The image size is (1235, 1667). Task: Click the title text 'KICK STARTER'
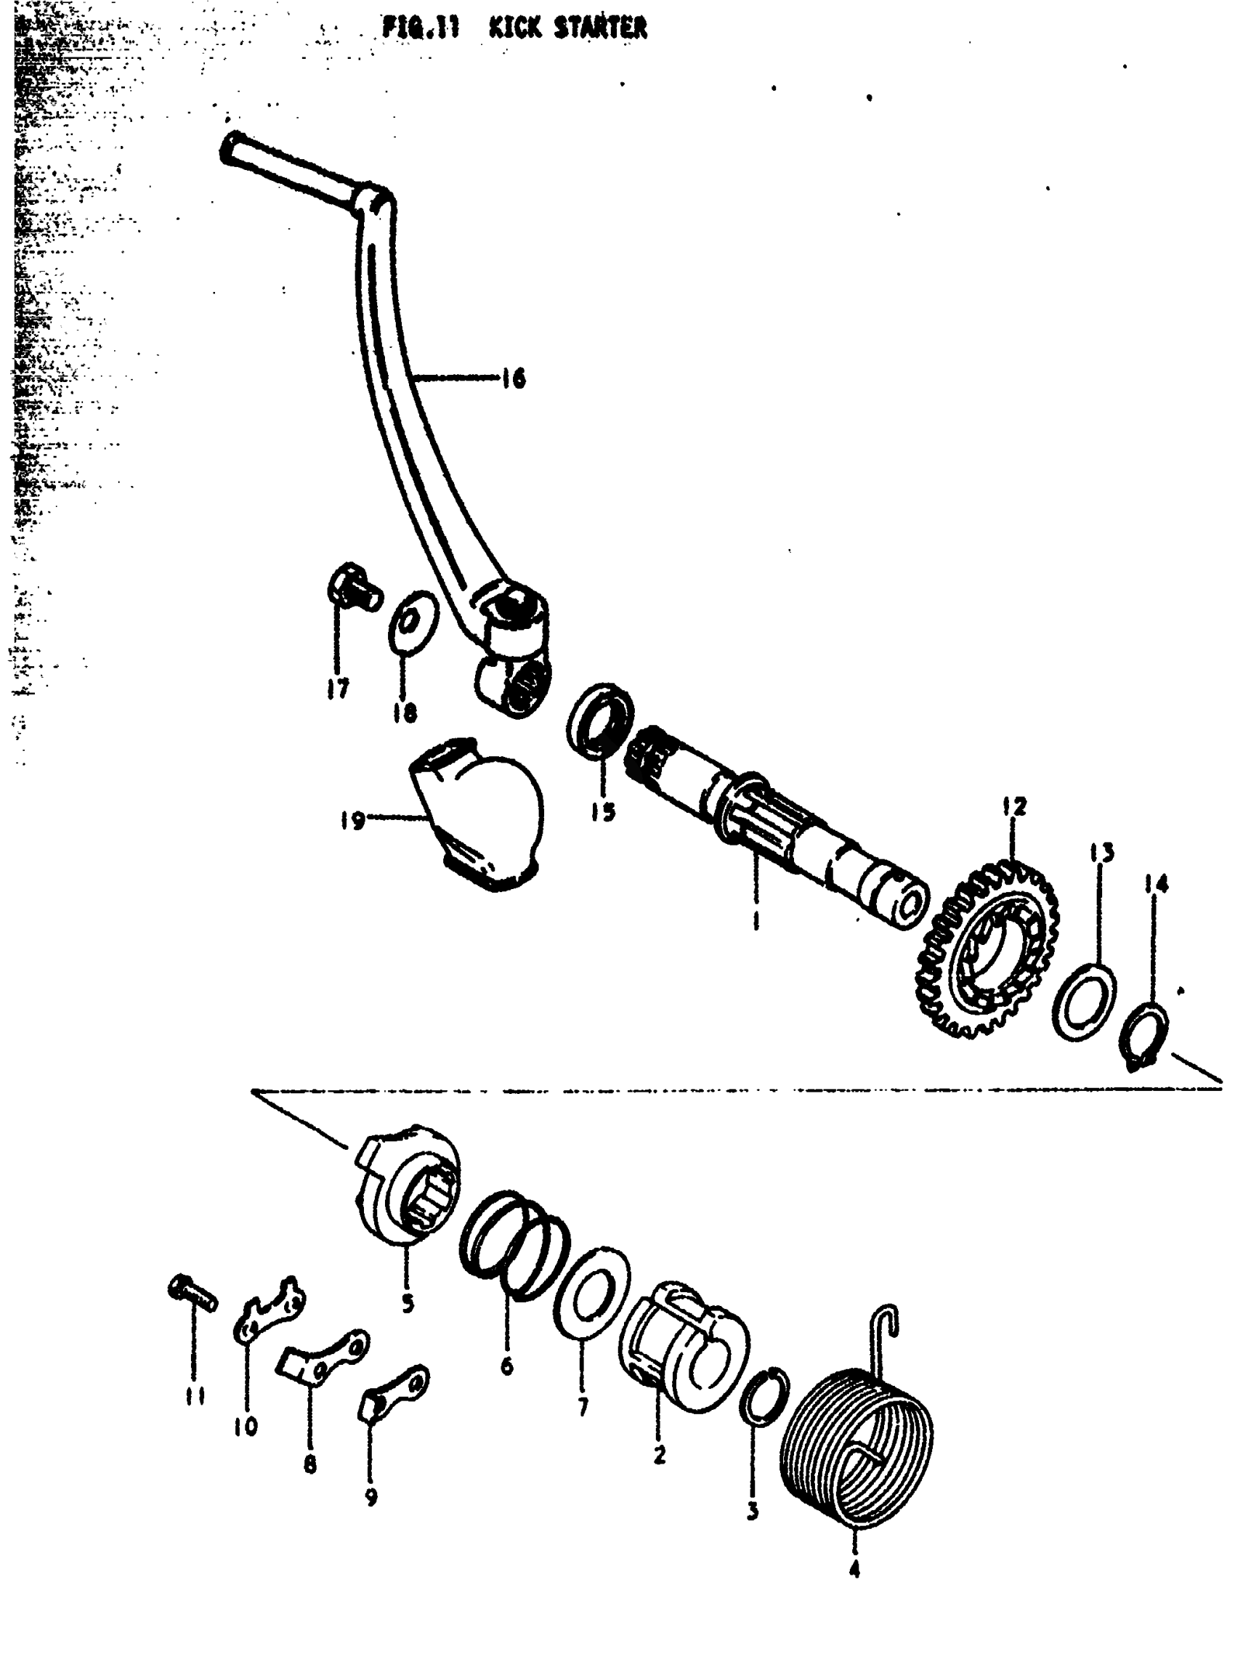click(x=567, y=28)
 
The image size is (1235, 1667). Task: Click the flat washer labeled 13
click(x=1085, y=1002)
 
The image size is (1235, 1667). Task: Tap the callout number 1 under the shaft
click(x=756, y=920)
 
